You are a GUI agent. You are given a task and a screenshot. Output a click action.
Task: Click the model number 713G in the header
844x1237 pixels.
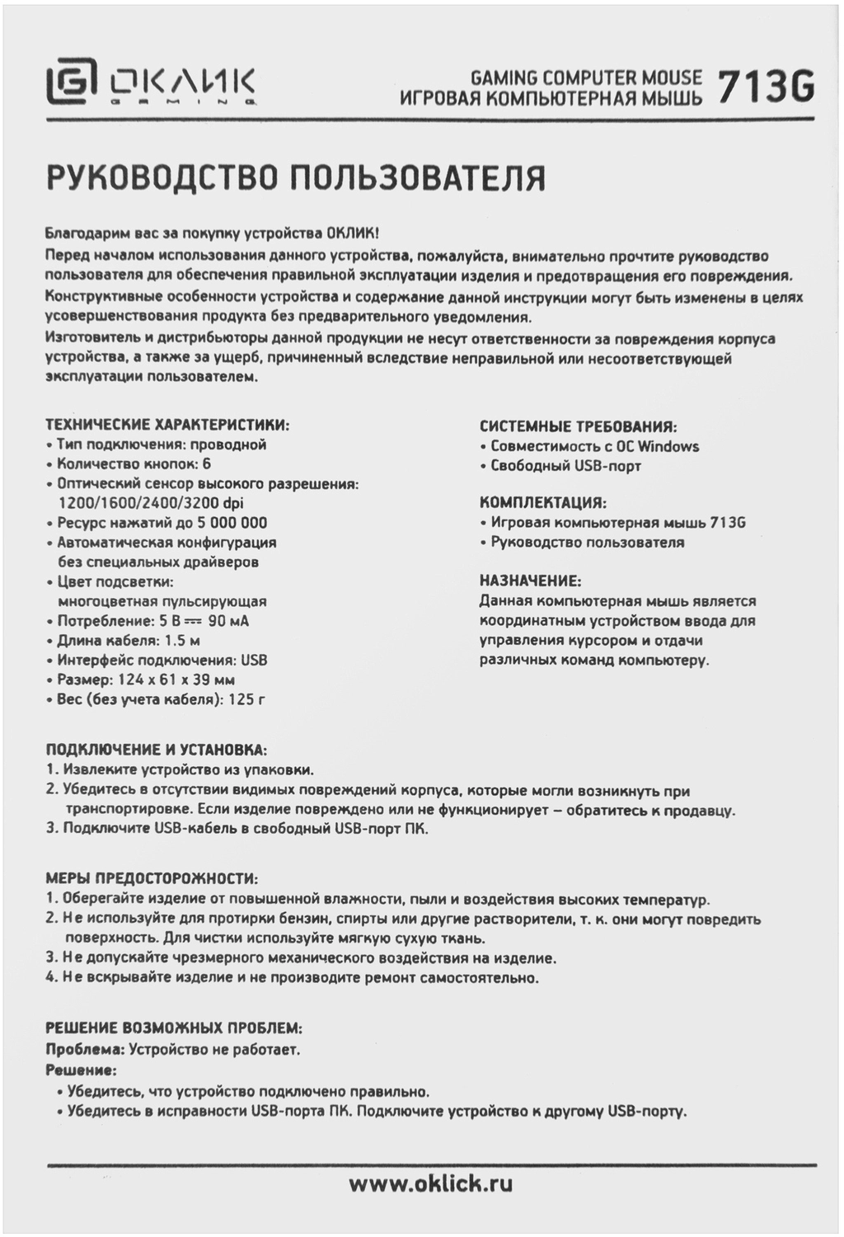(x=766, y=87)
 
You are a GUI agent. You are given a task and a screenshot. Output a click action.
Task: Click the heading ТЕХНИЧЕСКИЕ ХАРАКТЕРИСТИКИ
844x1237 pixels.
(x=167, y=426)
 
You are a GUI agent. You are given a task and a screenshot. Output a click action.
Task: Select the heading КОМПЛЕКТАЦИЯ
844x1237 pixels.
(x=542, y=502)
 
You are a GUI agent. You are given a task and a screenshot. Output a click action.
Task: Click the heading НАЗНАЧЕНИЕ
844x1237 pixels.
(x=530, y=581)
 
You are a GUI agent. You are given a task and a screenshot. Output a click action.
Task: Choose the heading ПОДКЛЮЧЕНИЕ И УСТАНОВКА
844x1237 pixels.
(x=156, y=750)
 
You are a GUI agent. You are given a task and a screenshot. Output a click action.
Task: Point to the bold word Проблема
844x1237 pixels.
(x=84, y=1050)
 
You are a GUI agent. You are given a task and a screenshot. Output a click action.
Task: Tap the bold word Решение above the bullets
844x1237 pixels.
(x=80, y=1070)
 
